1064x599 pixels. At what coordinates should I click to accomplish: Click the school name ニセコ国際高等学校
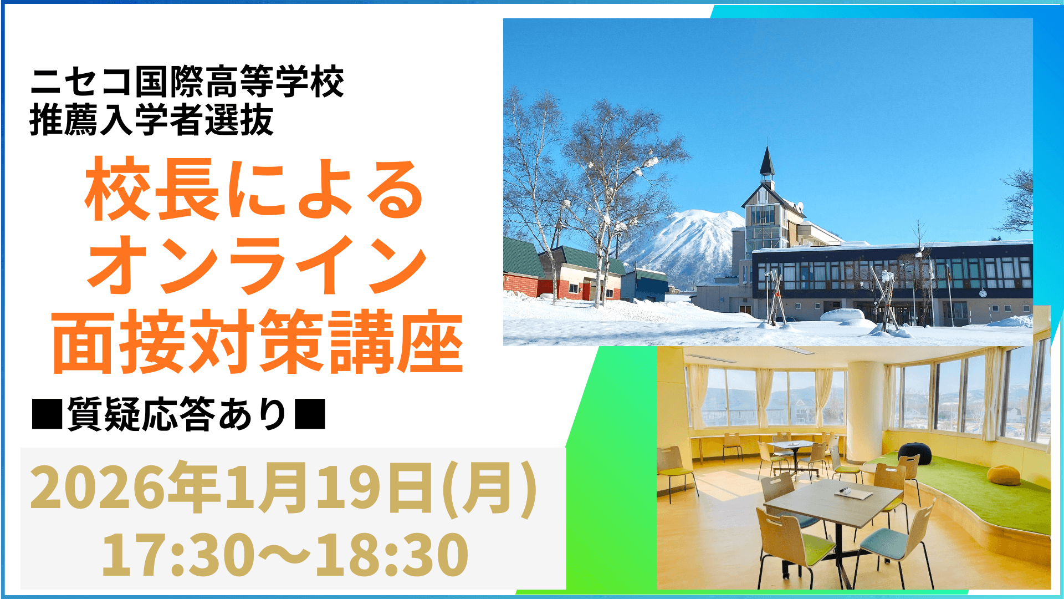click(x=187, y=82)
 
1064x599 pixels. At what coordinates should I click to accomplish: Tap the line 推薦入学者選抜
click(x=151, y=120)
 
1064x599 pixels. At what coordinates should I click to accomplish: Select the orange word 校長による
click(x=254, y=190)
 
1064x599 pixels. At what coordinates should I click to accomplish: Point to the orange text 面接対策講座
click(x=257, y=342)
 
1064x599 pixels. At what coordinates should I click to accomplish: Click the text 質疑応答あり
click(x=177, y=415)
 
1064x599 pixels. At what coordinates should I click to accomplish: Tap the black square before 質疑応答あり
click(x=47, y=415)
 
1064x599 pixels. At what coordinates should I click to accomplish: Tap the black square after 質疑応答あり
click(x=310, y=415)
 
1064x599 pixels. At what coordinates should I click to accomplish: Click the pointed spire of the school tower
click(x=767, y=161)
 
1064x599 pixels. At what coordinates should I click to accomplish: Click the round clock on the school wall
click(x=983, y=292)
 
